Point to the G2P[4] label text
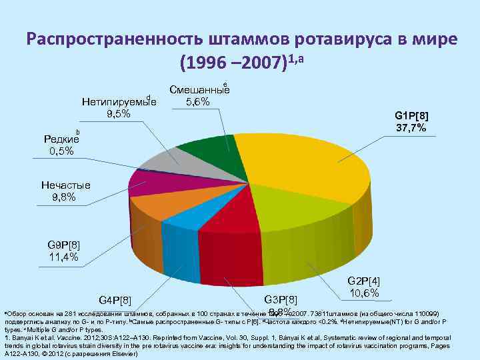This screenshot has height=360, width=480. [364, 282]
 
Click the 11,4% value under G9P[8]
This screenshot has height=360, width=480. [63, 257]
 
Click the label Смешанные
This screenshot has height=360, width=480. [199, 90]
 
